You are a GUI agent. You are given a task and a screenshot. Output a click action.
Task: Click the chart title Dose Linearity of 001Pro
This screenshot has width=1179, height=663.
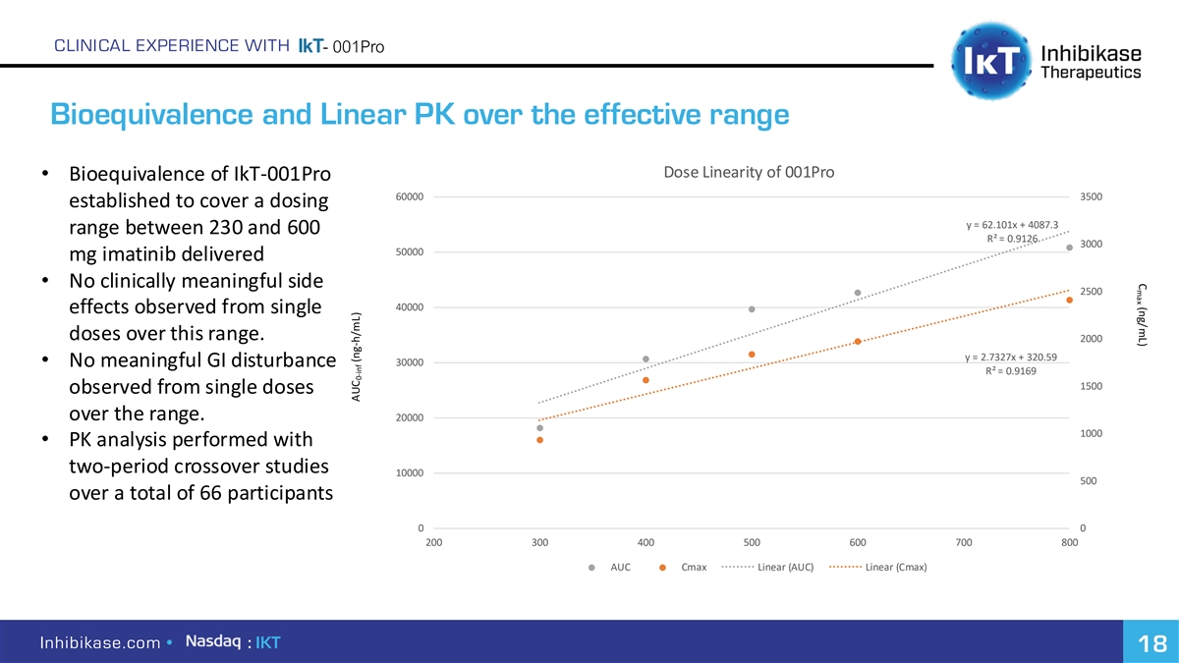pyautogui.click(x=749, y=173)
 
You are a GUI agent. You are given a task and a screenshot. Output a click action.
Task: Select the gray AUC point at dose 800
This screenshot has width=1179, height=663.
pyautogui.click(x=1069, y=248)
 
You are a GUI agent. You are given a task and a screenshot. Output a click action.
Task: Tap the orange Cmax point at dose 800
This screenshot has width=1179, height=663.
pyautogui.click(x=1069, y=300)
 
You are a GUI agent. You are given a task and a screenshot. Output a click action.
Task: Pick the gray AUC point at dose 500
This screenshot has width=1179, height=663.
pyautogui.click(x=752, y=309)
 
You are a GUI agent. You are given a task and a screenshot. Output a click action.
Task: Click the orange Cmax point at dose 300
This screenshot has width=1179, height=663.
pyautogui.click(x=539, y=440)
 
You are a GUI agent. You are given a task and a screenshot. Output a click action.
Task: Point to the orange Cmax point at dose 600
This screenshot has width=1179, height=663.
pyautogui.click(x=858, y=342)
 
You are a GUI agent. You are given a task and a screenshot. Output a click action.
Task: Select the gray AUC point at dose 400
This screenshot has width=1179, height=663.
pyautogui.click(x=646, y=359)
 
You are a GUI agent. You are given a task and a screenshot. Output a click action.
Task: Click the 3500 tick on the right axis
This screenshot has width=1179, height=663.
pyautogui.click(x=1091, y=196)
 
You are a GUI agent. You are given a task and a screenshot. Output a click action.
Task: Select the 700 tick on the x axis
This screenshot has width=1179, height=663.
pyautogui.click(x=964, y=542)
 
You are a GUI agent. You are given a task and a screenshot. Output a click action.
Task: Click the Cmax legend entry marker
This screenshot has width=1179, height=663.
pyautogui.click(x=663, y=568)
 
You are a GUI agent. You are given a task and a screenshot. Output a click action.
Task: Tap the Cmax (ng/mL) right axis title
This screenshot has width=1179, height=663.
pyautogui.click(x=1141, y=314)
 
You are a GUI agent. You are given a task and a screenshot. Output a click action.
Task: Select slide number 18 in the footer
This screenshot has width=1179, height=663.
pyautogui.click(x=1151, y=644)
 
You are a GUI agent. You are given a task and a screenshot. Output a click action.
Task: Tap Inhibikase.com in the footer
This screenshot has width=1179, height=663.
pyautogui.click(x=99, y=643)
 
